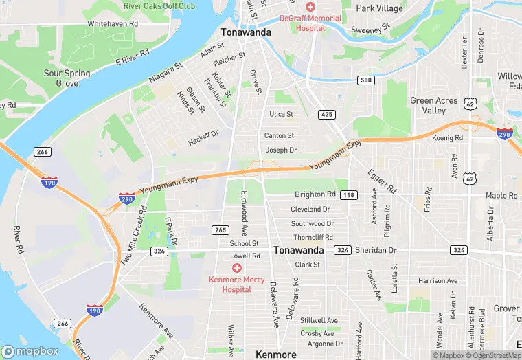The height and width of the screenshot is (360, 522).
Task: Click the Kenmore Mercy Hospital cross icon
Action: point(236,267)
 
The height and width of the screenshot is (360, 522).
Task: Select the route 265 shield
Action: point(220,229)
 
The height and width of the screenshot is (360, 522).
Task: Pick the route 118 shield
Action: point(349,195)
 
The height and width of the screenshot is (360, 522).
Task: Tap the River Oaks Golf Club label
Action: point(159,6)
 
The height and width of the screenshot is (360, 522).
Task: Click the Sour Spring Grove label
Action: point(67,78)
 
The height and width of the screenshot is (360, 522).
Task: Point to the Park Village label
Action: point(380,8)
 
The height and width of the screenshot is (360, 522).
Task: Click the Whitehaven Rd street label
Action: point(113,23)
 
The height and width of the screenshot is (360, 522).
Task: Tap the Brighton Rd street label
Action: point(315,194)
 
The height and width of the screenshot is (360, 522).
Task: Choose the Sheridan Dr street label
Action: point(376,250)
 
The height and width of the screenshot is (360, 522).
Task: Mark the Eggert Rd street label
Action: point(382,179)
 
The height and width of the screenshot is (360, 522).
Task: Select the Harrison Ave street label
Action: point(438,281)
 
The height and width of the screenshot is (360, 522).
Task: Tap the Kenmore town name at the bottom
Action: point(275,355)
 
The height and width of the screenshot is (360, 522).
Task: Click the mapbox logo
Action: point(30,351)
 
